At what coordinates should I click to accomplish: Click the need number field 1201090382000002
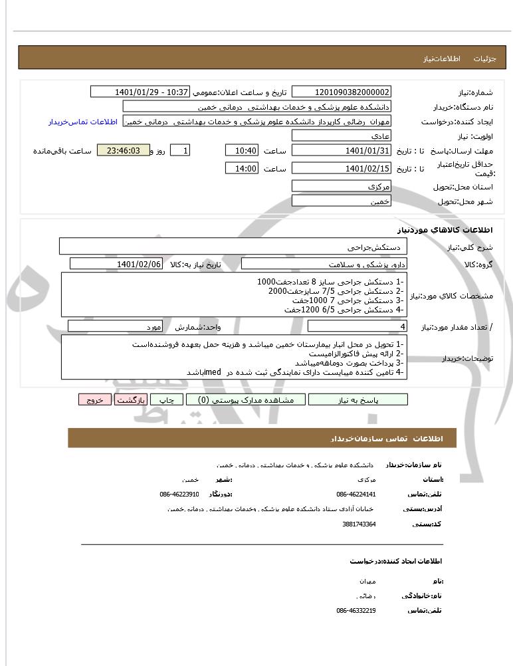pos(342,92)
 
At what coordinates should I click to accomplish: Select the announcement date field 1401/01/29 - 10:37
pos(140,92)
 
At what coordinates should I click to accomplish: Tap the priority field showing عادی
pos(342,136)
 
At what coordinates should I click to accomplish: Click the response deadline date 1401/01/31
pos(342,151)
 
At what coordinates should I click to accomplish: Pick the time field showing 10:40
pos(241,151)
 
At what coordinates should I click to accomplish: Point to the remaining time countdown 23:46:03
pos(123,151)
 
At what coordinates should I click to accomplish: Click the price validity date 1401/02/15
pos(342,169)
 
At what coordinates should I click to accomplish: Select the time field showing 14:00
pos(241,169)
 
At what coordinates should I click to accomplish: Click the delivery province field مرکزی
pos(342,187)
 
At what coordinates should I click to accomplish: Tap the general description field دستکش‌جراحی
pos(233,247)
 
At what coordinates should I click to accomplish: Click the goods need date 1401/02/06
pos(116,264)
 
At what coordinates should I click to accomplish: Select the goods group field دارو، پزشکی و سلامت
pos(316,264)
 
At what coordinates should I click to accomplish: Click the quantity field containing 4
pos(358,326)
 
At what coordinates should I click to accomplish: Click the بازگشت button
pos(130,399)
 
